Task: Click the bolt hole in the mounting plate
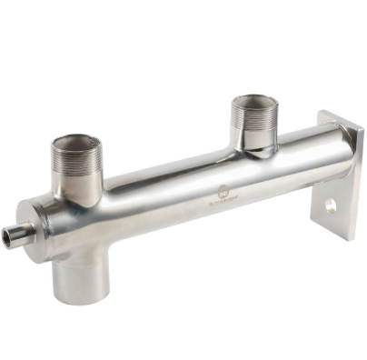[x=330, y=206]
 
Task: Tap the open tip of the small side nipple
[x=10, y=239]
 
